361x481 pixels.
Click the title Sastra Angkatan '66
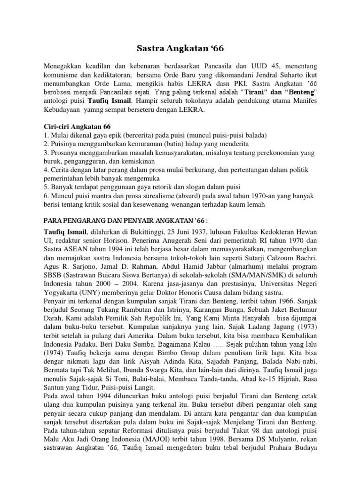tap(180, 48)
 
